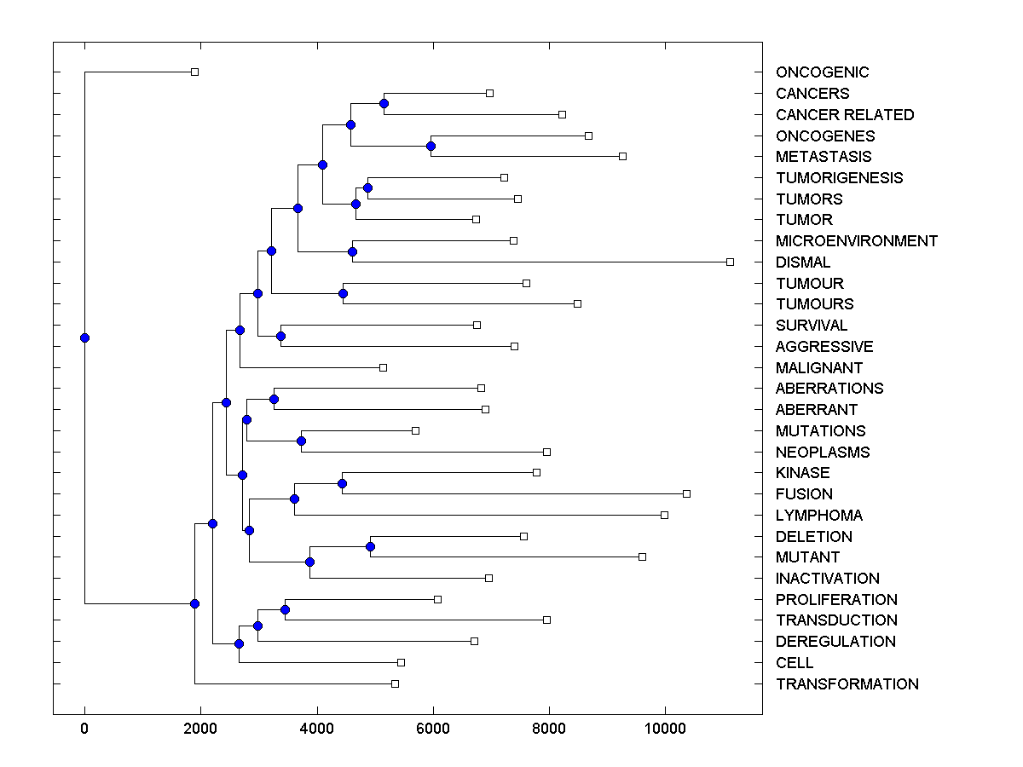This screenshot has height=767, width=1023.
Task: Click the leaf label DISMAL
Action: [802, 262]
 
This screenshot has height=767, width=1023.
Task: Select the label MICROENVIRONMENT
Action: [856, 241]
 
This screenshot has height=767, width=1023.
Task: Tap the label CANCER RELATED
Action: [844, 115]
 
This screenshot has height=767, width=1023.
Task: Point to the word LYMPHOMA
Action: [818, 516]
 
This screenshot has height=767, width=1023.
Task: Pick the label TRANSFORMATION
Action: [847, 684]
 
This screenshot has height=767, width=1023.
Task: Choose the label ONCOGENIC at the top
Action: [822, 73]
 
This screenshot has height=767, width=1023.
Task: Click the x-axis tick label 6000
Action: [433, 728]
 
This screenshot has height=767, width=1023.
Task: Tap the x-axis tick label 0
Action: [84, 728]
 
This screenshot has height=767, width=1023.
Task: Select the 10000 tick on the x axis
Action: [665, 728]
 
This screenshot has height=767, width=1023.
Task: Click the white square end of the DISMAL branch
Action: [730, 262]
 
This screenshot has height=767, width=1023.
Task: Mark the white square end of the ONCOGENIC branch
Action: [194, 72]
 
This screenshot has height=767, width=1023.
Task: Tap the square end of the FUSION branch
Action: [686, 493]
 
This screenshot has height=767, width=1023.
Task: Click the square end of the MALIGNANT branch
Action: [383, 367]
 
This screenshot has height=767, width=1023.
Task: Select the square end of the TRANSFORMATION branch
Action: [395, 683]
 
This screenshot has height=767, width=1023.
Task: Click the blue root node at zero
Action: [84, 337]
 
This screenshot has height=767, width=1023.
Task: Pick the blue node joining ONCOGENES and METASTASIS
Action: [431, 146]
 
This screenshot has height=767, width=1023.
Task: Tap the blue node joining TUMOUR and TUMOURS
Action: [344, 293]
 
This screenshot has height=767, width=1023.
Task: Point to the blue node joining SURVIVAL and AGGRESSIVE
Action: [280, 336]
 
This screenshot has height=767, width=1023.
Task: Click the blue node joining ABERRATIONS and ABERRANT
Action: [274, 399]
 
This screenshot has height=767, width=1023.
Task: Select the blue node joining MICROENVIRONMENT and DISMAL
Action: [352, 251]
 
